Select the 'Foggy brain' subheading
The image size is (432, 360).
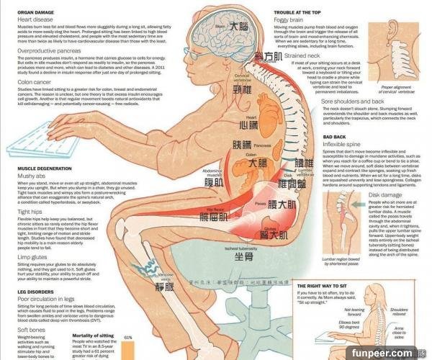289,22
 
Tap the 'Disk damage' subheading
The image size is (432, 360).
385,195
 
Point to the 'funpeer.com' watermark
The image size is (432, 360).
393,353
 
